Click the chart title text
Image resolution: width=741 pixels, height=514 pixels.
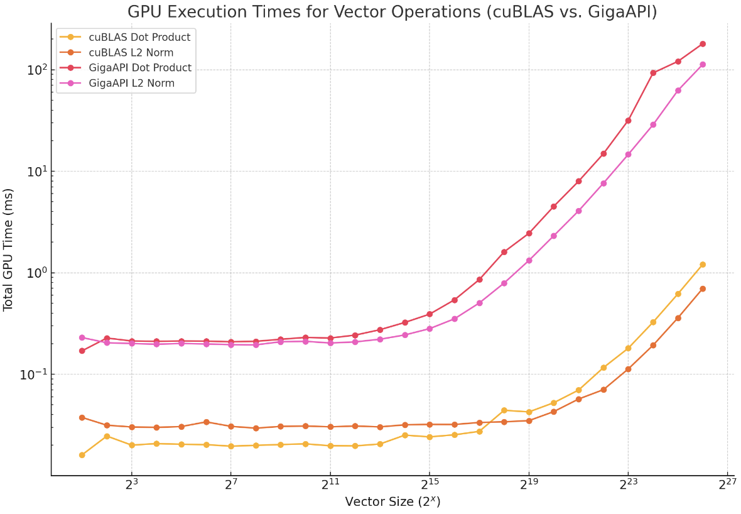click(392, 11)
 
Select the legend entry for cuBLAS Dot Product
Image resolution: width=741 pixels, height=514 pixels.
click(139, 38)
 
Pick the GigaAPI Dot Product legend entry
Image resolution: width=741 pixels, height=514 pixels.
click(140, 68)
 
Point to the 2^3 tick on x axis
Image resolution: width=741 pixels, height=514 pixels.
click(131, 485)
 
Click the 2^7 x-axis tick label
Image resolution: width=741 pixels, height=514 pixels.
click(230, 485)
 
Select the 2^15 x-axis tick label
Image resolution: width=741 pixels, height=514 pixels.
click(429, 485)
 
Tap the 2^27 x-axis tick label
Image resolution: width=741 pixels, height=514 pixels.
click(727, 485)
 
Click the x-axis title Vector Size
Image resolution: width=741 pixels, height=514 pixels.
click(392, 502)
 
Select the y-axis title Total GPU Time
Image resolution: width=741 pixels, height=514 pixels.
click(9, 249)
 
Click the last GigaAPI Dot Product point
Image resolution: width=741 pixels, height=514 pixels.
click(702, 44)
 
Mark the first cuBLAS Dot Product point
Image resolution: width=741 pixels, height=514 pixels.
click(82, 455)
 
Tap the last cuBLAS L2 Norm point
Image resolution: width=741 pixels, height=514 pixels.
click(702, 288)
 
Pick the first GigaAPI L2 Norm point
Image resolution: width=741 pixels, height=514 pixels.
click(82, 337)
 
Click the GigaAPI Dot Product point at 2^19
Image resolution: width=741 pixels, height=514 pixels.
click(529, 233)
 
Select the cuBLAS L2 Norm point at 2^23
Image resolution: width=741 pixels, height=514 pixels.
click(628, 369)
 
